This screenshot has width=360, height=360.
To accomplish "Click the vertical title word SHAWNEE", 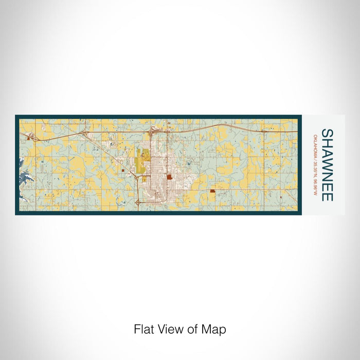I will (x=327, y=165).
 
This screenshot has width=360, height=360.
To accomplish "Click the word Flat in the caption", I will (x=143, y=329).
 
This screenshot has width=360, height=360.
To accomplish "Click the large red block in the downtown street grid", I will (x=169, y=177).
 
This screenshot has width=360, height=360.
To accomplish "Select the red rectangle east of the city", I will (x=212, y=191).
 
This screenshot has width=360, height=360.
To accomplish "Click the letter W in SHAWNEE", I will (x=327, y=159).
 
